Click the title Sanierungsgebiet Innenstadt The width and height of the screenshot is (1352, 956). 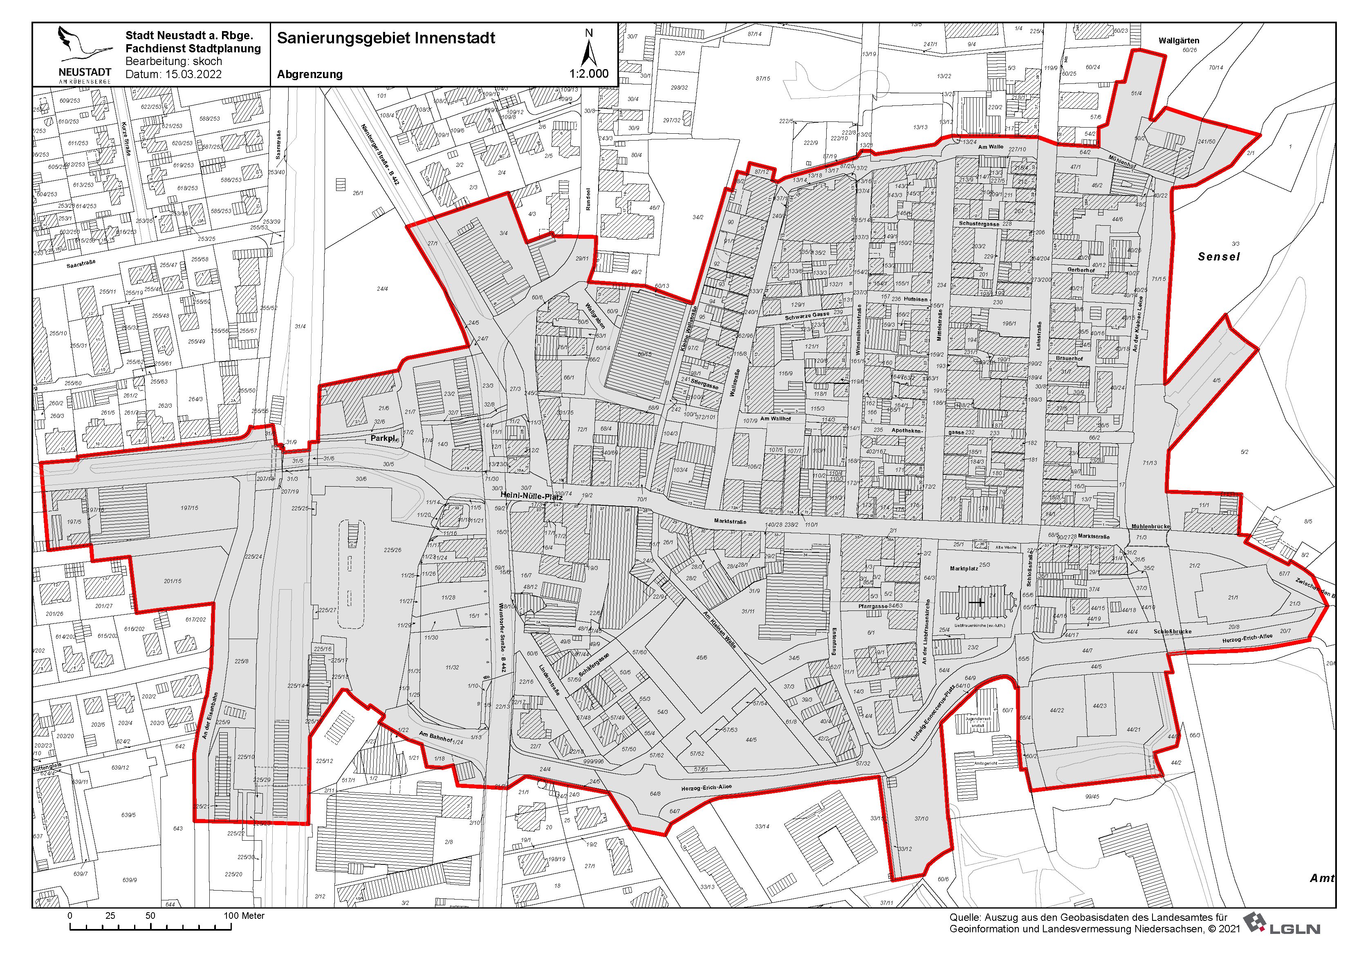[x=386, y=38]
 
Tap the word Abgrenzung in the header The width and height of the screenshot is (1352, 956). [x=310, y=74]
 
